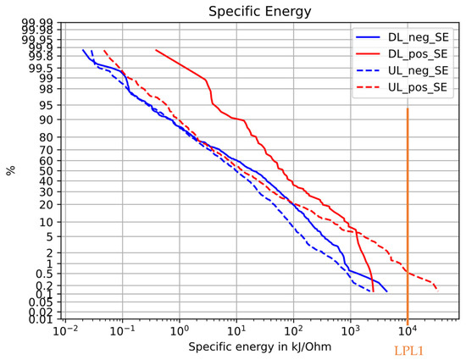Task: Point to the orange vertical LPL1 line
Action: (x=408, y=212)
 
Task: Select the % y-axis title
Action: (x=11, y=171)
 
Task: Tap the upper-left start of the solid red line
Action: (x=156, y=50)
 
